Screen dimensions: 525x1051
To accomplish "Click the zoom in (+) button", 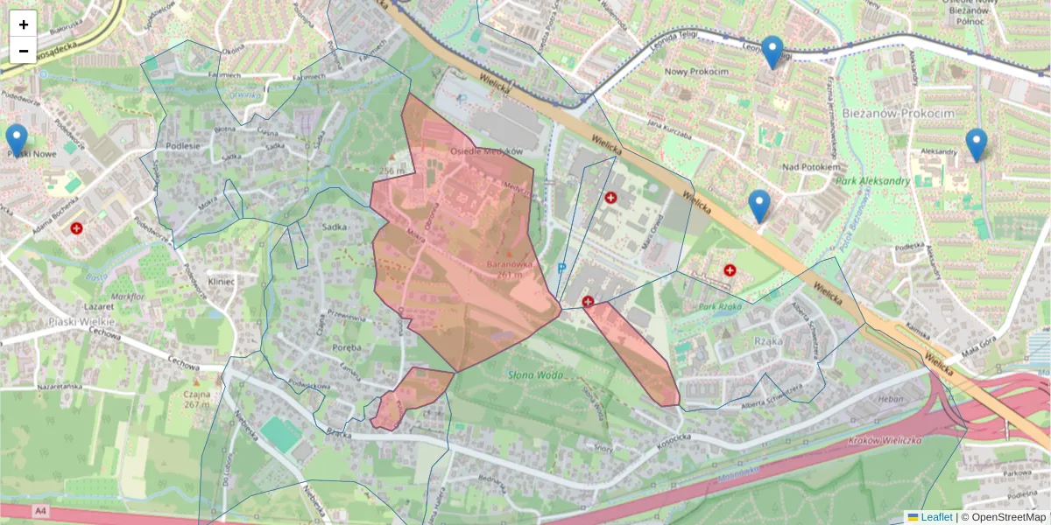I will tap(24, 24).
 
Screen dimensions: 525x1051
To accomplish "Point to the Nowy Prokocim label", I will tap(696, 71).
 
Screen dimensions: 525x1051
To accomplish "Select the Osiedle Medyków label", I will tap(479, 151).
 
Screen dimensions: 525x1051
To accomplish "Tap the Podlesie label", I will tap(183, 146).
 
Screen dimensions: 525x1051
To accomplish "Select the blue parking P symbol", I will tap(561, 269).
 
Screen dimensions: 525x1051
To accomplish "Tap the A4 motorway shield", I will tap(39, 510).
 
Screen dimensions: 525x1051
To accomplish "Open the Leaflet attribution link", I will tap(935, 517).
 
